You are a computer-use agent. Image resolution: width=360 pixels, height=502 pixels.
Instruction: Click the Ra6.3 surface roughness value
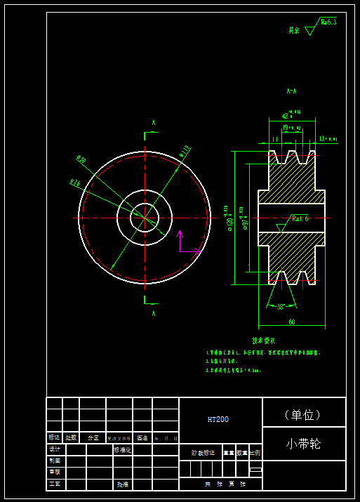click(x=328, y=22)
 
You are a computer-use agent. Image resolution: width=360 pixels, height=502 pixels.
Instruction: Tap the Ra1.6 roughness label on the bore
click(x=300, y=218)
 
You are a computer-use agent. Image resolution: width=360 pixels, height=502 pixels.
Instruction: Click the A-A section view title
click(x=291, y=91)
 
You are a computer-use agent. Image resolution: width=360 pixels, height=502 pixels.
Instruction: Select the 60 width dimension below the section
click(x=291, y=322)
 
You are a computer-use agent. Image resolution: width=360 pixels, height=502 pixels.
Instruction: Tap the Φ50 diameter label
click(x=81, y=160)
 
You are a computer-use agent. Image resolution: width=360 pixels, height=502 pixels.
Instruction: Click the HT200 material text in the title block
click(x=218, y=419)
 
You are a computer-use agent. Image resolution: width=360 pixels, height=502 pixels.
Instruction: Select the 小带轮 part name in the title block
click(x=303, y=444)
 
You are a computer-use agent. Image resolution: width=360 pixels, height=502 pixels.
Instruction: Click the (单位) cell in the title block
click(x=303, y=414)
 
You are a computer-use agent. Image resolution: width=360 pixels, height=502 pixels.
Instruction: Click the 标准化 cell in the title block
click(x=122, y=449)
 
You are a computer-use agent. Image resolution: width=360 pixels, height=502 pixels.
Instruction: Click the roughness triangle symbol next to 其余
click(x=310, y=31)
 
